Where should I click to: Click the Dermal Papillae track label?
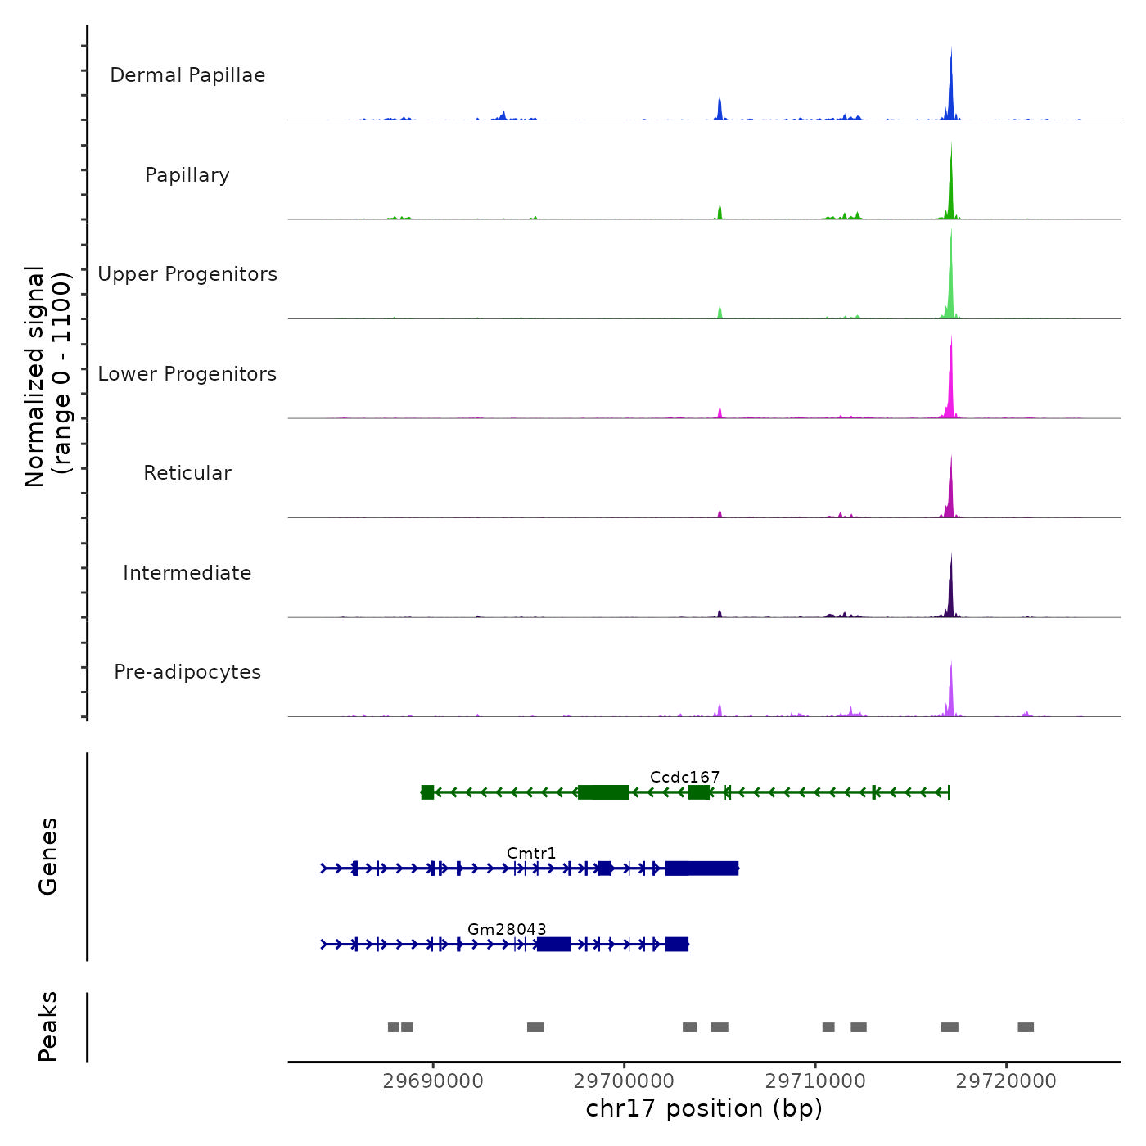pyautogui.click(x=187, y=75)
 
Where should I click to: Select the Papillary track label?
pyautogui.click(x=187, y=175)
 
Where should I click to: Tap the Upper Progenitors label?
pyautogui.click(x=187, y=274)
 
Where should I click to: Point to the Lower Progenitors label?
pyautogui.click(x=187, y=374)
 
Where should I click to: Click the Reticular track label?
pyautogui.click(x=187, y=473)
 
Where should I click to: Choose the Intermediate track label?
pyautogui.click(x=187, y=573)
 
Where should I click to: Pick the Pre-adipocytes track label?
pyautogui.click(x=187, y=672)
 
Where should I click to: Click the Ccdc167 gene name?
pyautogui.click(x=684, y=777)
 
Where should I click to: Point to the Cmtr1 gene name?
pyautogui.click(x=531, y=853)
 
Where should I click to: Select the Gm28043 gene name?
pyautogui.click(x=507, y=929)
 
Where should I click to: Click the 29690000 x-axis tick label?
pyautogui.click(x=433, y=1081)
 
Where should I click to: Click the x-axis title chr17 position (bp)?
pyautogui.click(x=704, y=1108)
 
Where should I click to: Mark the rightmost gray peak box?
pyautogui.click(x=1026, y=1027)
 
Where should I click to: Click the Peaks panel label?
pyautogui.click(x=48, y=1026)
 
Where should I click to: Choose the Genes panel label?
pyautogui.click(x=48, y=856)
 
